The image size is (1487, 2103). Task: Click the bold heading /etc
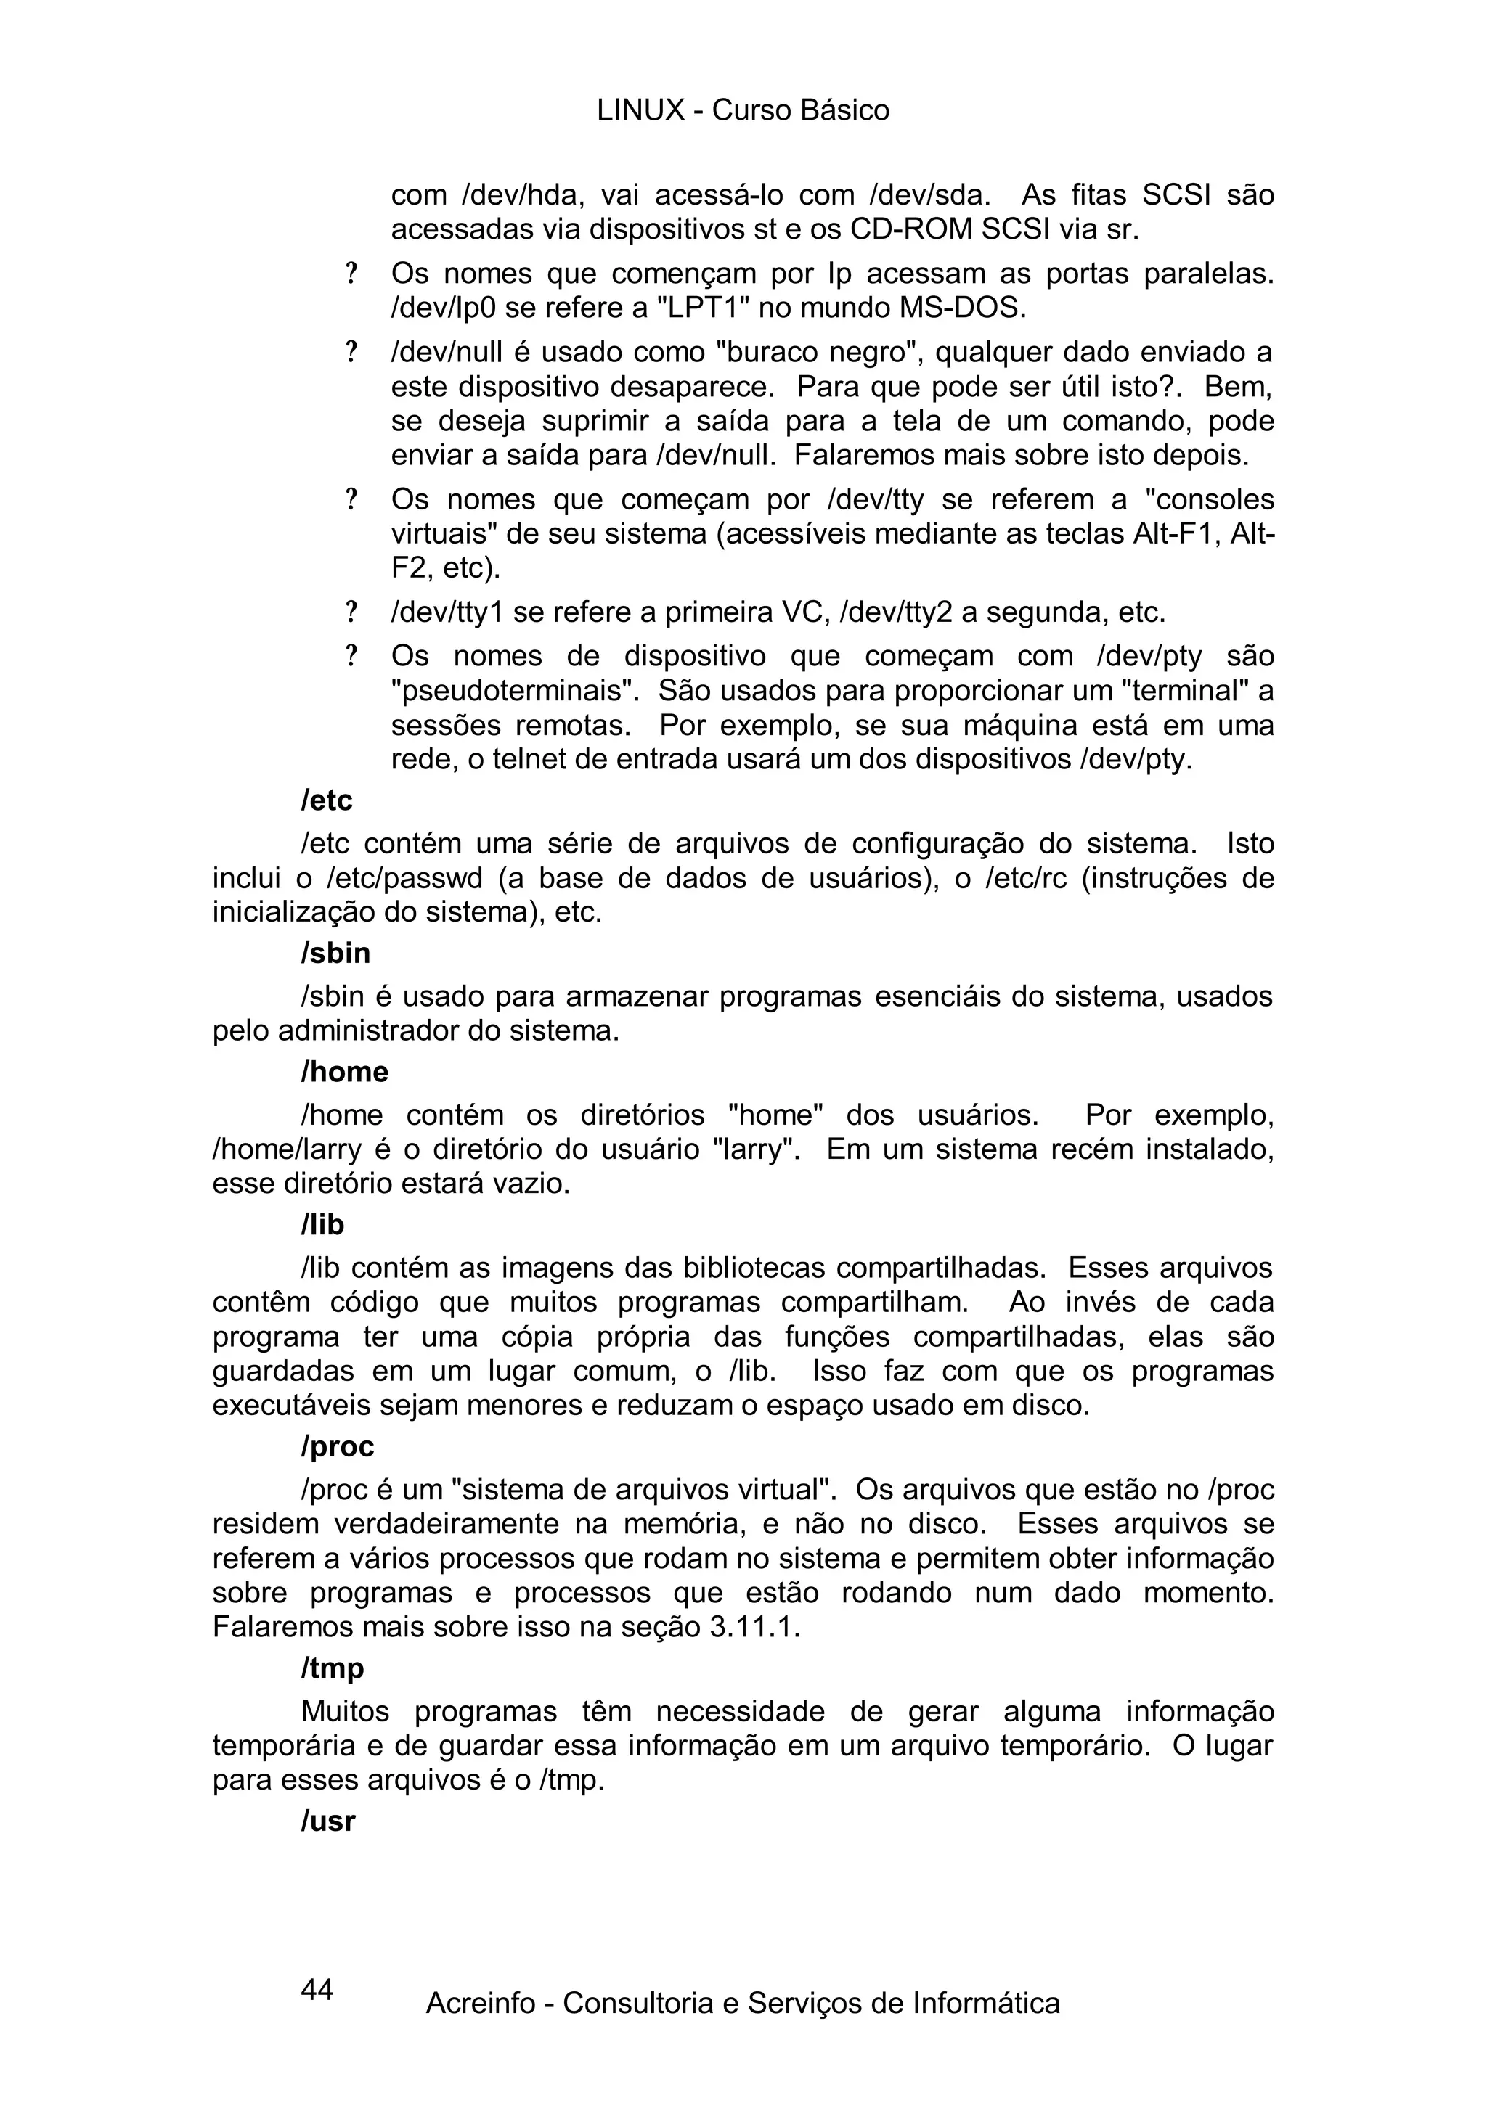pyautogui.click(x=326, y=800)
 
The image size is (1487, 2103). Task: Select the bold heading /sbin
pyautogui.click(x=335, y=954)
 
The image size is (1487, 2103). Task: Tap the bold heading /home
pyautogui.click(x=344, y=1072)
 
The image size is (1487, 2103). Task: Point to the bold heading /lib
pyautogui.click(x=322, y=1225)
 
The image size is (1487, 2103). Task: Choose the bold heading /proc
pyautogui.click(x=337, y=1446)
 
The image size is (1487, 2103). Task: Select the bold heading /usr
pyautogui.click(x=328, y=1821)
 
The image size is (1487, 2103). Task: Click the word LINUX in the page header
pyautogui.click(x=640, y=111)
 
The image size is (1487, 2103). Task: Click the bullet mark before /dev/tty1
pyautogui.click(x=350, y=612)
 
